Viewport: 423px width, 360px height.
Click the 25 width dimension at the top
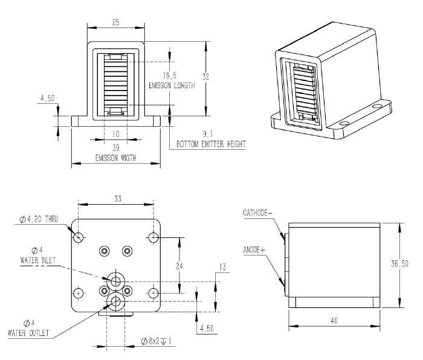115,22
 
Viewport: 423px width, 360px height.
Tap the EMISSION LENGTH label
172,86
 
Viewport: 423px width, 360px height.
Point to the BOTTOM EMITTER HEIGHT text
211,145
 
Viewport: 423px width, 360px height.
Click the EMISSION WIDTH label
115,158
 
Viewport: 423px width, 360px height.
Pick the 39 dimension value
115,147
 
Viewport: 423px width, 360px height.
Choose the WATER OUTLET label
28,332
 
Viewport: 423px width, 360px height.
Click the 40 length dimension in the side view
334,321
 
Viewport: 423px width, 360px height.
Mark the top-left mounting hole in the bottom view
78,237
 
